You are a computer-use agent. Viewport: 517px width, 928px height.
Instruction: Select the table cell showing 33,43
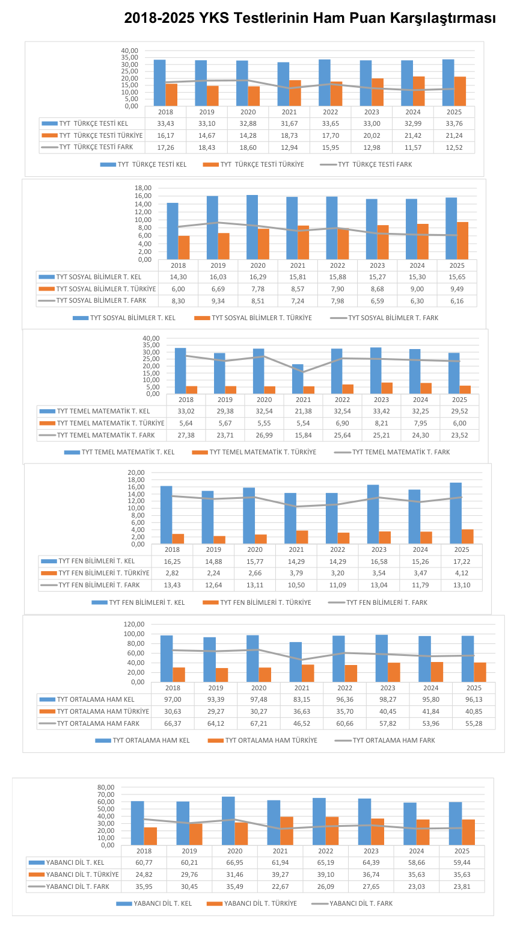pos(165,123)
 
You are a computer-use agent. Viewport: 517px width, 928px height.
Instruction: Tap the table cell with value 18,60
pos(248,147)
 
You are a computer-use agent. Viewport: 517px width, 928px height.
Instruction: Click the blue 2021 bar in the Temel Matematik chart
pos(298,379)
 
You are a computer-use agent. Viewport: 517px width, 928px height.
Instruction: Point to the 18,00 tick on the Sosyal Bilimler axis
pos(143,188)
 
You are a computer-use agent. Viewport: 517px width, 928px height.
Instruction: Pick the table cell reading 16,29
pos(258,277)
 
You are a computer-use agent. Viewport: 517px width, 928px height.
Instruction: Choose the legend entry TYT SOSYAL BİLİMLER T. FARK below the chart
pos(384,318)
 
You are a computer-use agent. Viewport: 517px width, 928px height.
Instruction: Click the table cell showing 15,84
pos(304,436)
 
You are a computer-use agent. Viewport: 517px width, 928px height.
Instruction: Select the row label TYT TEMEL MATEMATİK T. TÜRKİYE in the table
pos(111,424)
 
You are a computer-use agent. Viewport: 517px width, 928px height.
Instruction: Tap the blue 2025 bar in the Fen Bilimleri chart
pos(456,513)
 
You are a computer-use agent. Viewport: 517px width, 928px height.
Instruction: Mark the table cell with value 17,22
pos(462,561)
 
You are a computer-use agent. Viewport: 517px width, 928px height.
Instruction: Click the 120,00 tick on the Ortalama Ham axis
pos(134,624)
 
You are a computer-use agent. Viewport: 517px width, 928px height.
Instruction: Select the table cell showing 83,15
pos(302,700)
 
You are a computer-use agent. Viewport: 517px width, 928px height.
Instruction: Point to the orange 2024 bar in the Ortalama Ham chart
pos(437,672)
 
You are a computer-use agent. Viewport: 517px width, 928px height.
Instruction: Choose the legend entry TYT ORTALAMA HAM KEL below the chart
pos(142,740)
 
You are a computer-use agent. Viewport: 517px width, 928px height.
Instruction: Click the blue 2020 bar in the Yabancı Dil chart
pos(228,821)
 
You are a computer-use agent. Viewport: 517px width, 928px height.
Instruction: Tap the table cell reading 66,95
pos(234,863)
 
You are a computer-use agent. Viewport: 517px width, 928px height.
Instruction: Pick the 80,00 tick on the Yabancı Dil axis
pos(106,788)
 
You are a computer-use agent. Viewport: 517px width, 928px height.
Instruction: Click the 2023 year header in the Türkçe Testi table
pos(372,112)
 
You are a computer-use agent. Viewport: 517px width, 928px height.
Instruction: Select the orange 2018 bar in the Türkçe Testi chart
pos(171,95)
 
